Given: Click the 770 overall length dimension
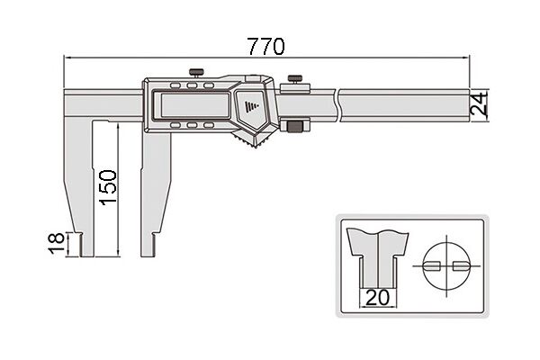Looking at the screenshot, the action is (x=266, y=47).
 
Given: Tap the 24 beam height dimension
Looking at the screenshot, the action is (x=480, y=103).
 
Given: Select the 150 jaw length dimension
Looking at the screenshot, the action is (x=108, y=187).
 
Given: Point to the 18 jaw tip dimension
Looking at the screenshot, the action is (x=56, y=244).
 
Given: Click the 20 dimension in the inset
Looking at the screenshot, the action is (x=377, y=297).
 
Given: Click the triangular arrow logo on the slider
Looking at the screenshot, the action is (x=252, y=106).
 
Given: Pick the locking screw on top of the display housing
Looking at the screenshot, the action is (x=196, y=74).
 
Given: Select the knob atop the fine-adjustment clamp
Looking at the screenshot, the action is (x=295, y=79).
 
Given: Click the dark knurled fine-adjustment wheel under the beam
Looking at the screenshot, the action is (x=295, y=126).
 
